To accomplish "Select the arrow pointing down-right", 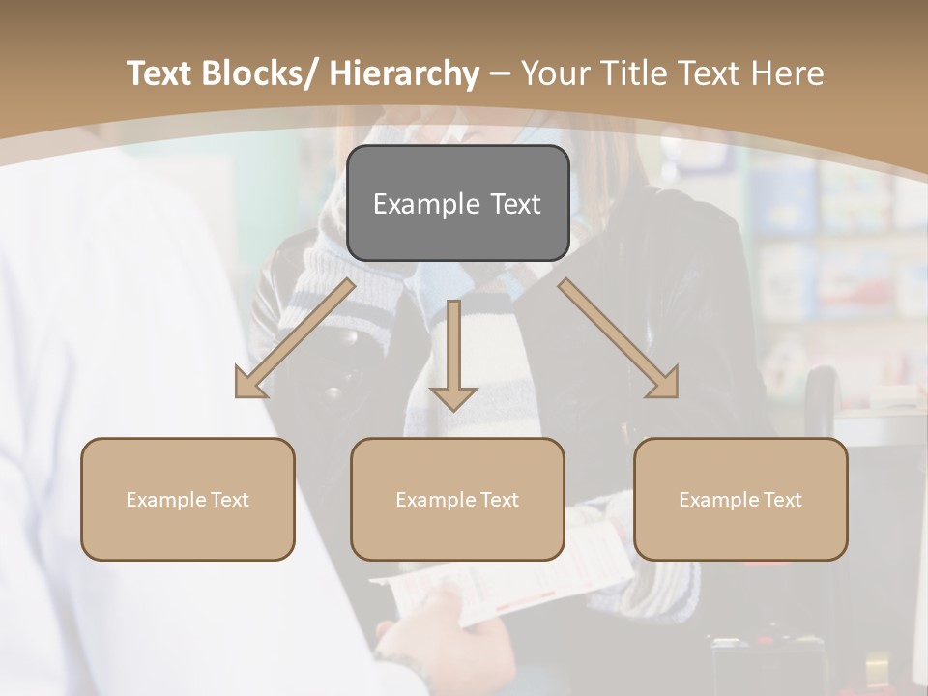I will [619, 339].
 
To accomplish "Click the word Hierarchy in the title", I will [404, 73].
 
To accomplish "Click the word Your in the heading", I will [554, 73].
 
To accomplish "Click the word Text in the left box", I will [230, 500].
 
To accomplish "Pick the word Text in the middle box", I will [500, 500].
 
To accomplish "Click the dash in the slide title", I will [500, 73].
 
